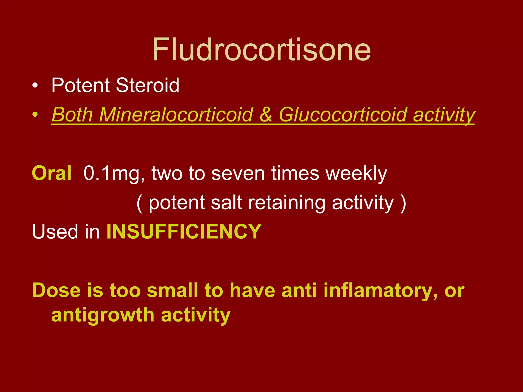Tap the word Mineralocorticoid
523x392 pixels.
(x=176, y=115)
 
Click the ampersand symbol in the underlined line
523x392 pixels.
(x=266, y=115)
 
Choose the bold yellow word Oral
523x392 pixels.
(x=52, y=174)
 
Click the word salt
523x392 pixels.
(x=226, y=203)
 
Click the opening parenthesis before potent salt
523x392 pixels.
(x=139, y=203)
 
